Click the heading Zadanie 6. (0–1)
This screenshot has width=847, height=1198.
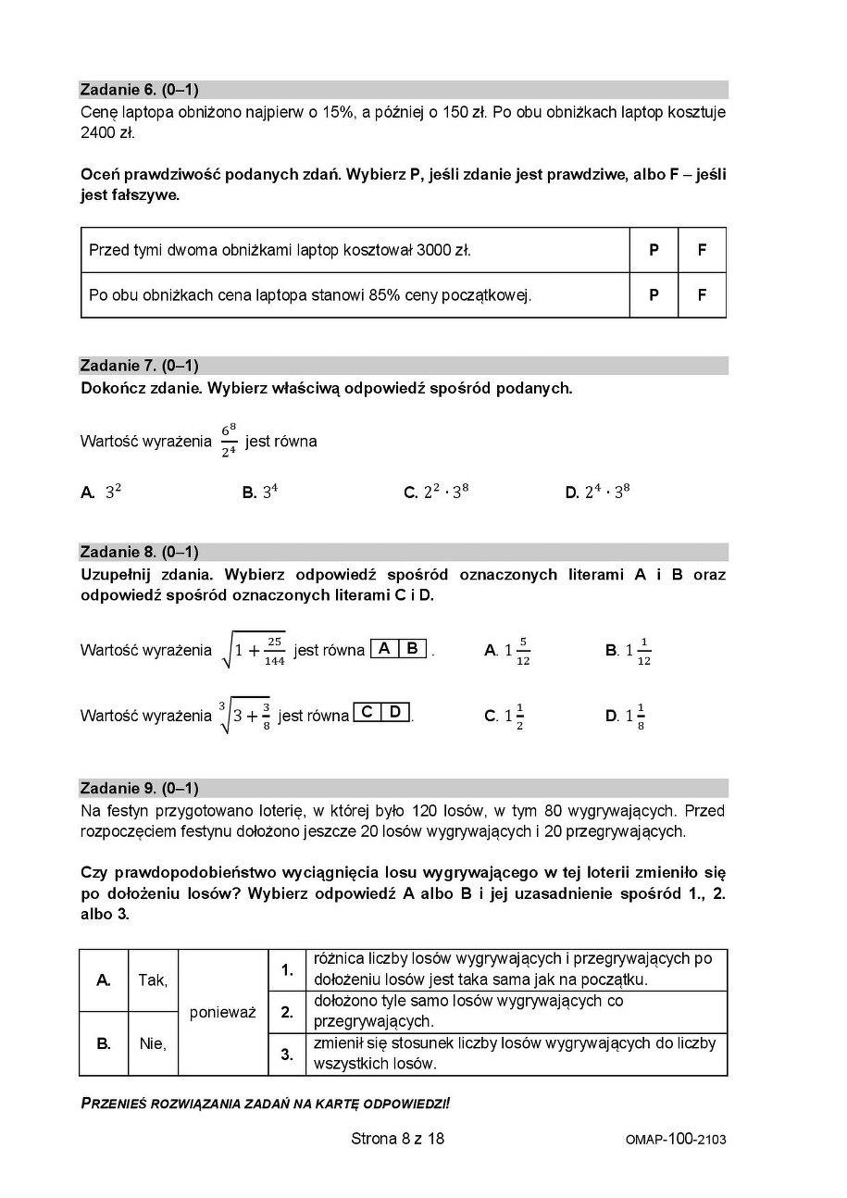tap(139, 90)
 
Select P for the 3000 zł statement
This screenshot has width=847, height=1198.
tap(654, 250)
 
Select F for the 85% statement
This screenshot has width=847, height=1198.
tap(702, 295)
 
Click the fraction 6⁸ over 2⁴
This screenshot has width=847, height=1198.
tap(229, 441)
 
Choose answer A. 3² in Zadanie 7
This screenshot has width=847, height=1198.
tap(102, 493)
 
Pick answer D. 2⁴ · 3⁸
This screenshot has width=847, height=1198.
tap(597, 493)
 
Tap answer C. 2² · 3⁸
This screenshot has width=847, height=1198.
tap(436, 493)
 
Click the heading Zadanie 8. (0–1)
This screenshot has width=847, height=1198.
tap(139, 552)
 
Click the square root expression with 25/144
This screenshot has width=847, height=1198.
tap(253, 650)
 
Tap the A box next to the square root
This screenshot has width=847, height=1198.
tap(384, 648)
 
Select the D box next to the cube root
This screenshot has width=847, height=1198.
tap(395, 712)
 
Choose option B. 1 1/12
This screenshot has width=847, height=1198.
tap(629, 651)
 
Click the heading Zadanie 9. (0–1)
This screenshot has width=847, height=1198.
tap(139, 788)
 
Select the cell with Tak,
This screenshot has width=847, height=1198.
tap(153, 980)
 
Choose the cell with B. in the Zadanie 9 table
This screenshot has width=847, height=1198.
tap(104, 1043)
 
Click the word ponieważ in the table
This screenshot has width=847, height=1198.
tap(222, 1012)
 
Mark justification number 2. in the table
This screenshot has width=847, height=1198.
tap(287, 1012)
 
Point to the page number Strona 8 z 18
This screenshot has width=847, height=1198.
tap(397, 1139)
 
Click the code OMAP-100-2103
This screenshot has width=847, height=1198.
tap(675, 1140)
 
